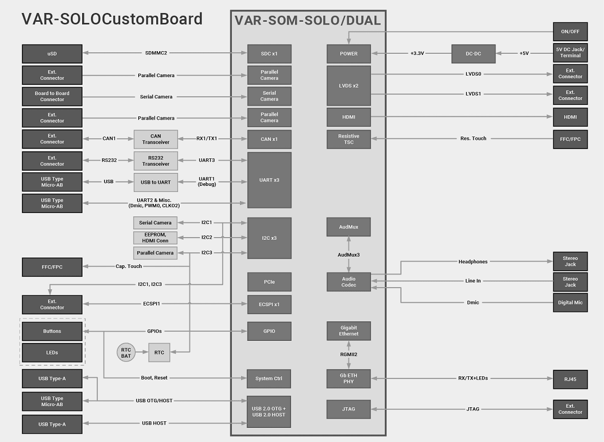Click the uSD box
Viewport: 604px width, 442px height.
point(52,53)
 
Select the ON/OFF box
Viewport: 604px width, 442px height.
point(570,32)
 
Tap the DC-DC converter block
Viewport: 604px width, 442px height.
point(473,53)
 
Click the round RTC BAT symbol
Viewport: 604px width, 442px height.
point(126,352)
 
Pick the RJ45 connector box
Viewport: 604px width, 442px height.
point(570,379)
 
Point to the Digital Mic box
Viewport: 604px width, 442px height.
point(570,302)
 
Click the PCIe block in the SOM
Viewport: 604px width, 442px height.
point(269,282)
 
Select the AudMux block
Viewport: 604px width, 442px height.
point(348,227)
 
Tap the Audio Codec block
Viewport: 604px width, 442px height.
point(348,282)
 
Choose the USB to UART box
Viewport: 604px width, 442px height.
point(156,182)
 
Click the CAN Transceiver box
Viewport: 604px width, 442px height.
point(156,139)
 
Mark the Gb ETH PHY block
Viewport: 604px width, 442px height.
point(348,379)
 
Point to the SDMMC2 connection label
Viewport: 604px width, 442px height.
point(156,53)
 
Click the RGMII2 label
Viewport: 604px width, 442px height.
point(348,354)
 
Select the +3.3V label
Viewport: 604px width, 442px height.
point(417,53)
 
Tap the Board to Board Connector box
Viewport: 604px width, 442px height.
point(52,96)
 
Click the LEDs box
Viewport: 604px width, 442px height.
point(52,352)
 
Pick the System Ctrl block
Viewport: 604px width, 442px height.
point(269,378)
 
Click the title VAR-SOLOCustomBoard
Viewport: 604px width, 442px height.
point(112,19)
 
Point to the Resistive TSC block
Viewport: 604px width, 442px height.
point(348,139)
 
